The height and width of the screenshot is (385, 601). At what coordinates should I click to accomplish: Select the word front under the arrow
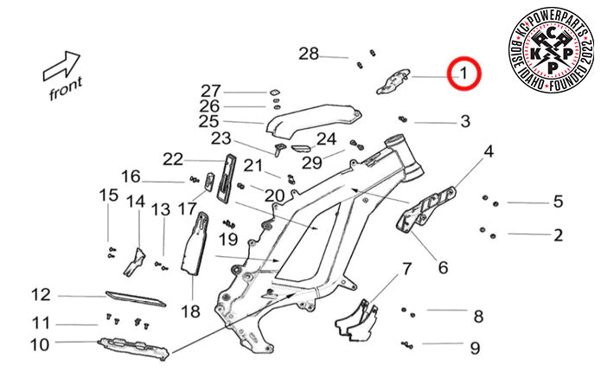click(66, 87)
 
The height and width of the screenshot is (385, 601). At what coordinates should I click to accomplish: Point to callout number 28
click(309, 55)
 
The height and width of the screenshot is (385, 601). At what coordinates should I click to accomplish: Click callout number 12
click(41, 295)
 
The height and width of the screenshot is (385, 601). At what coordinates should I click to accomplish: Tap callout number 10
click(40, 346)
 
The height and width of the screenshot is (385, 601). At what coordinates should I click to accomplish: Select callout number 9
click(474, 348)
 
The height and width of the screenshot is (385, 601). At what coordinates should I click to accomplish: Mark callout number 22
click(173, 159)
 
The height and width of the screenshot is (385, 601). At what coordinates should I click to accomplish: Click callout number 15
click(107, 195)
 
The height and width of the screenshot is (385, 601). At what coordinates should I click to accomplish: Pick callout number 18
click(190, 310)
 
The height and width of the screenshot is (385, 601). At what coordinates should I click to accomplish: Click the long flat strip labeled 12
click(134, 298)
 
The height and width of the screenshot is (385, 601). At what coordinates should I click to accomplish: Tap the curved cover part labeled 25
click(311, 118)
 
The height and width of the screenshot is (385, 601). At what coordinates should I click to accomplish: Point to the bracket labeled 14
click(135, 262)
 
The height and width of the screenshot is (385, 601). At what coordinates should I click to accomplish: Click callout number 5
click(558, 202)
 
